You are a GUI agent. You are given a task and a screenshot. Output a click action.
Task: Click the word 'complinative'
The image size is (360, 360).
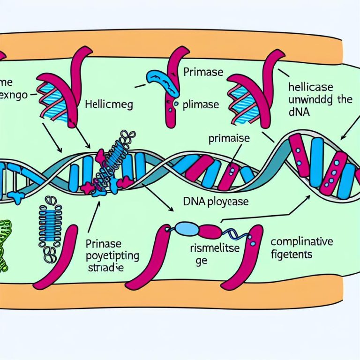302,242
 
